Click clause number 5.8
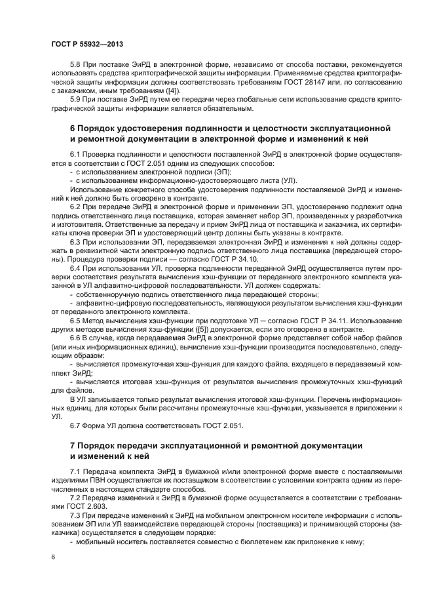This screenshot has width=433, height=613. click(x=75, y=66)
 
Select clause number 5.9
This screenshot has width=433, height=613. click(x=75, y=98)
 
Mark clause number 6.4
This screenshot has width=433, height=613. click(x=75, y=267)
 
